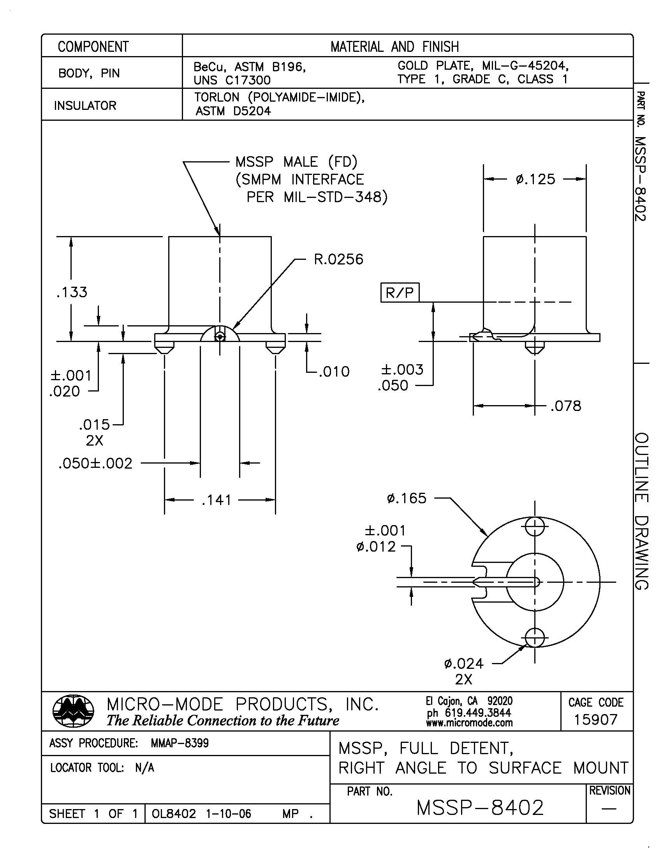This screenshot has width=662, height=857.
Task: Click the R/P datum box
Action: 400,292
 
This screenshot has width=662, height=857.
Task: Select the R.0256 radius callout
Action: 338,259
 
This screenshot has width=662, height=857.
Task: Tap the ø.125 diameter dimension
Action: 535,179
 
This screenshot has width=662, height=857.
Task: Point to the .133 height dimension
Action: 72,292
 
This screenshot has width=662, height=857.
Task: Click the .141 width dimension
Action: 217,500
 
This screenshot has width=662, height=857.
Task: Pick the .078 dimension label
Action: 565,406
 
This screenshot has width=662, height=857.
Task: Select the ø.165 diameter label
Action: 406,498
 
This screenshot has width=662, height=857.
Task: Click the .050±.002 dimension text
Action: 95,464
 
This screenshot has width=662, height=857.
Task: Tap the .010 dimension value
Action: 334,371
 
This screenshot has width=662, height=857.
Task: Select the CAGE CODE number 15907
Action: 595,719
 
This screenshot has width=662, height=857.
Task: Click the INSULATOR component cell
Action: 85,105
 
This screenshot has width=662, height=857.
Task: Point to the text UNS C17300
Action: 232,80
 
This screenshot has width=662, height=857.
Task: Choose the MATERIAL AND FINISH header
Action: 394,47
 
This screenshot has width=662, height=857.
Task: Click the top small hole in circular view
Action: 535,527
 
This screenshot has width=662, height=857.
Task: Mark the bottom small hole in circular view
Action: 535,638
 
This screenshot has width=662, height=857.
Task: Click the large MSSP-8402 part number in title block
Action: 480,808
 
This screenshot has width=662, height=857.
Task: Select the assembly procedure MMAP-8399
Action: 180,743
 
